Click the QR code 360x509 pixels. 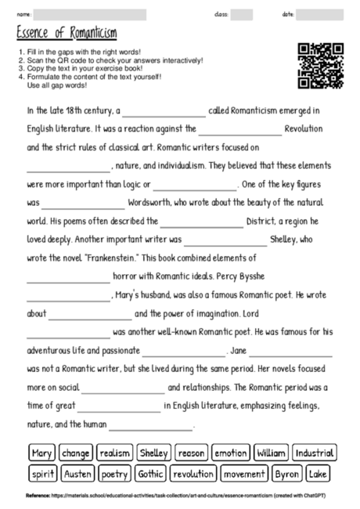[321, 64]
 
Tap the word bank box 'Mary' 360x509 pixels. [41, 453]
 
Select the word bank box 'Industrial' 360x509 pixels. [315, 453]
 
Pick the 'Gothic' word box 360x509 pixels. [149, 474]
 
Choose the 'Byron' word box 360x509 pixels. [287, 474]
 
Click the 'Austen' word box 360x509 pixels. [77, 474]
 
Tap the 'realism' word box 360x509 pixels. [115, 453]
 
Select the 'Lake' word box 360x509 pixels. [319, 474]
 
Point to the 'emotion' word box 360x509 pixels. [231, 453]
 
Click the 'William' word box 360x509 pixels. [272, 453]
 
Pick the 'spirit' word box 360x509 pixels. [41, 474]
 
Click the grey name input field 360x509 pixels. [91, 14]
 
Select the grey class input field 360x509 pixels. [242, 14]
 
